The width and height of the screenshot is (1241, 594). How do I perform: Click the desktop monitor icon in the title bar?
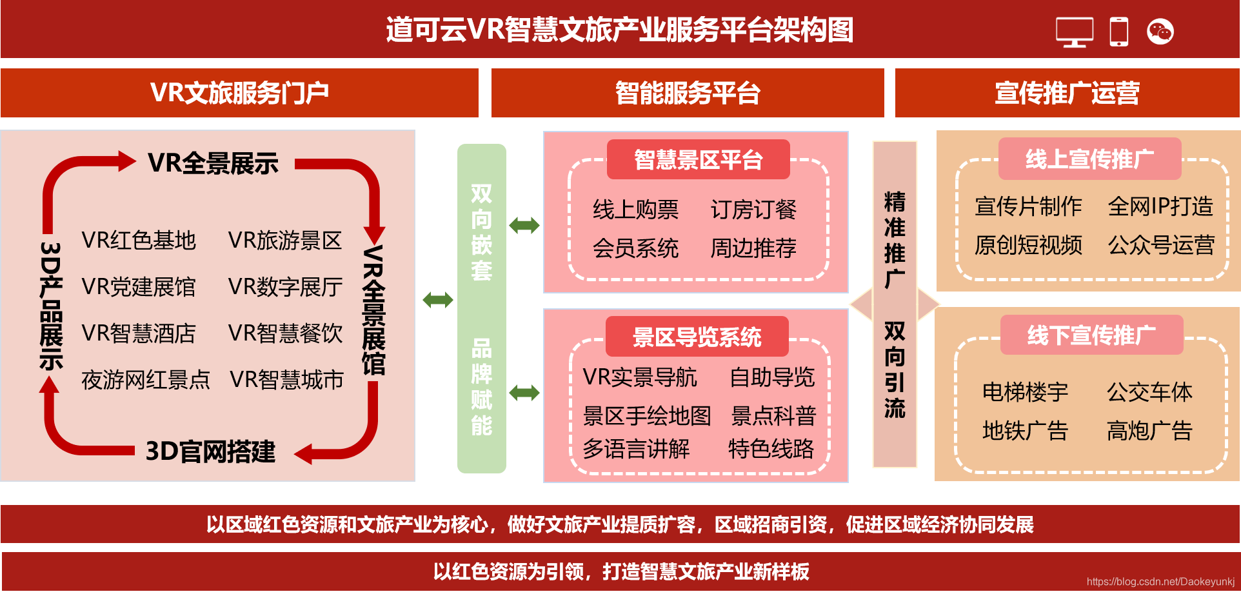[x=1074, y=32]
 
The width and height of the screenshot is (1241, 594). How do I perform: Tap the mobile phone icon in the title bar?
[x=1119, y=32]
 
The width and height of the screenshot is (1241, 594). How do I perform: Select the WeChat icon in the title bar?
[x=1160, y=32]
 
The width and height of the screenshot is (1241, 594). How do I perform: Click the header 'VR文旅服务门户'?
[x=239, y=93]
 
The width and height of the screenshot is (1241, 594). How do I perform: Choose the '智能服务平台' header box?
[x=688, y=93]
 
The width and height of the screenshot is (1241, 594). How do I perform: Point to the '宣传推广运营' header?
[x=1067, y=93]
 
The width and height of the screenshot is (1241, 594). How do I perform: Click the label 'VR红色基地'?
[x=139, y=241]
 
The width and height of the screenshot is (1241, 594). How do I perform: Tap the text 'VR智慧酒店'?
[x=139, y=333]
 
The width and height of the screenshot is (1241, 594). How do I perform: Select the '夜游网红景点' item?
[x=146, y=380]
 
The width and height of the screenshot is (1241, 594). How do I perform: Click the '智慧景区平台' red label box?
[x=698, y=159]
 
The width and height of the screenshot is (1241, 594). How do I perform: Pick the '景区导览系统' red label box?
[x=697, y=337]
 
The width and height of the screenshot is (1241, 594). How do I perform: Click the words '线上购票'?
[x=635, y=210]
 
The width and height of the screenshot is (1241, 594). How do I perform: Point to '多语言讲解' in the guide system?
[x=636, y=449]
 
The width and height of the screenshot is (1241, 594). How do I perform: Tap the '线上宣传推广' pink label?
[x=1089, y=159]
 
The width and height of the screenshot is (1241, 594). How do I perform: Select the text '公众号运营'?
[x=1161, y=245]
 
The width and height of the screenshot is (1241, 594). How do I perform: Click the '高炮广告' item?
[x=1149, y=431]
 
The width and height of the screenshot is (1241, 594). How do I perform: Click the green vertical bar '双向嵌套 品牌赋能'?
[x=481, y=308]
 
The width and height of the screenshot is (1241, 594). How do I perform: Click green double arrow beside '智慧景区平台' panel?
[x=524, y=226]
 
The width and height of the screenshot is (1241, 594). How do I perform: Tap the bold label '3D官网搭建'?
[x=210, y=451]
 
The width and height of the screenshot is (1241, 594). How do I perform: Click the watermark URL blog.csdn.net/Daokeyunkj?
[x=1160, y=582]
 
